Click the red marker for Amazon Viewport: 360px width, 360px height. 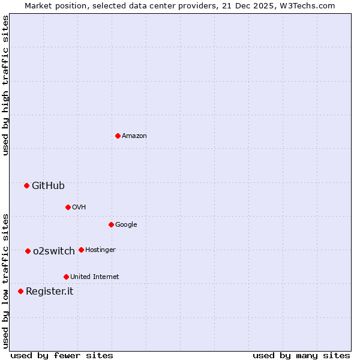[x=118, y=136]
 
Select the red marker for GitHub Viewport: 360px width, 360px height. [x=26, y=185]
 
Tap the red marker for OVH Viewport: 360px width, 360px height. [x=68, y=207]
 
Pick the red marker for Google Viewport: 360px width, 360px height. [x=111, y=224]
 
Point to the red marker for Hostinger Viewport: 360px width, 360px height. [x=81, y=250]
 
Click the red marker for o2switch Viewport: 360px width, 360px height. [x=28, y=251]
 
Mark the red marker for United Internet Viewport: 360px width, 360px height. [x=66, y=277]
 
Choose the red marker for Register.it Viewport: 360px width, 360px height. [x=20, y=291]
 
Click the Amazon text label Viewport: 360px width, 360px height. [x=134, y=136]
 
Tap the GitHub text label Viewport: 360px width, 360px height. [x=48, y=186]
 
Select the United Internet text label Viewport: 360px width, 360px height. [x=94, y=277]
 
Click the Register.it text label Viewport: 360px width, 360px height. [x=49, y=292]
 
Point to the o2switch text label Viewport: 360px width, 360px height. [x=54, y=251]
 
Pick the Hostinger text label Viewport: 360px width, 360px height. [x=100, y=250]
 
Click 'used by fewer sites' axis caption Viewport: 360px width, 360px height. [x=62, y=355]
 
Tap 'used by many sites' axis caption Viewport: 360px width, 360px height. [x=301, y=355]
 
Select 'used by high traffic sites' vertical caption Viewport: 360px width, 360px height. [x=5, y=85]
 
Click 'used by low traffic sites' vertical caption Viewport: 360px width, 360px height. [x=5, y=280]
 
